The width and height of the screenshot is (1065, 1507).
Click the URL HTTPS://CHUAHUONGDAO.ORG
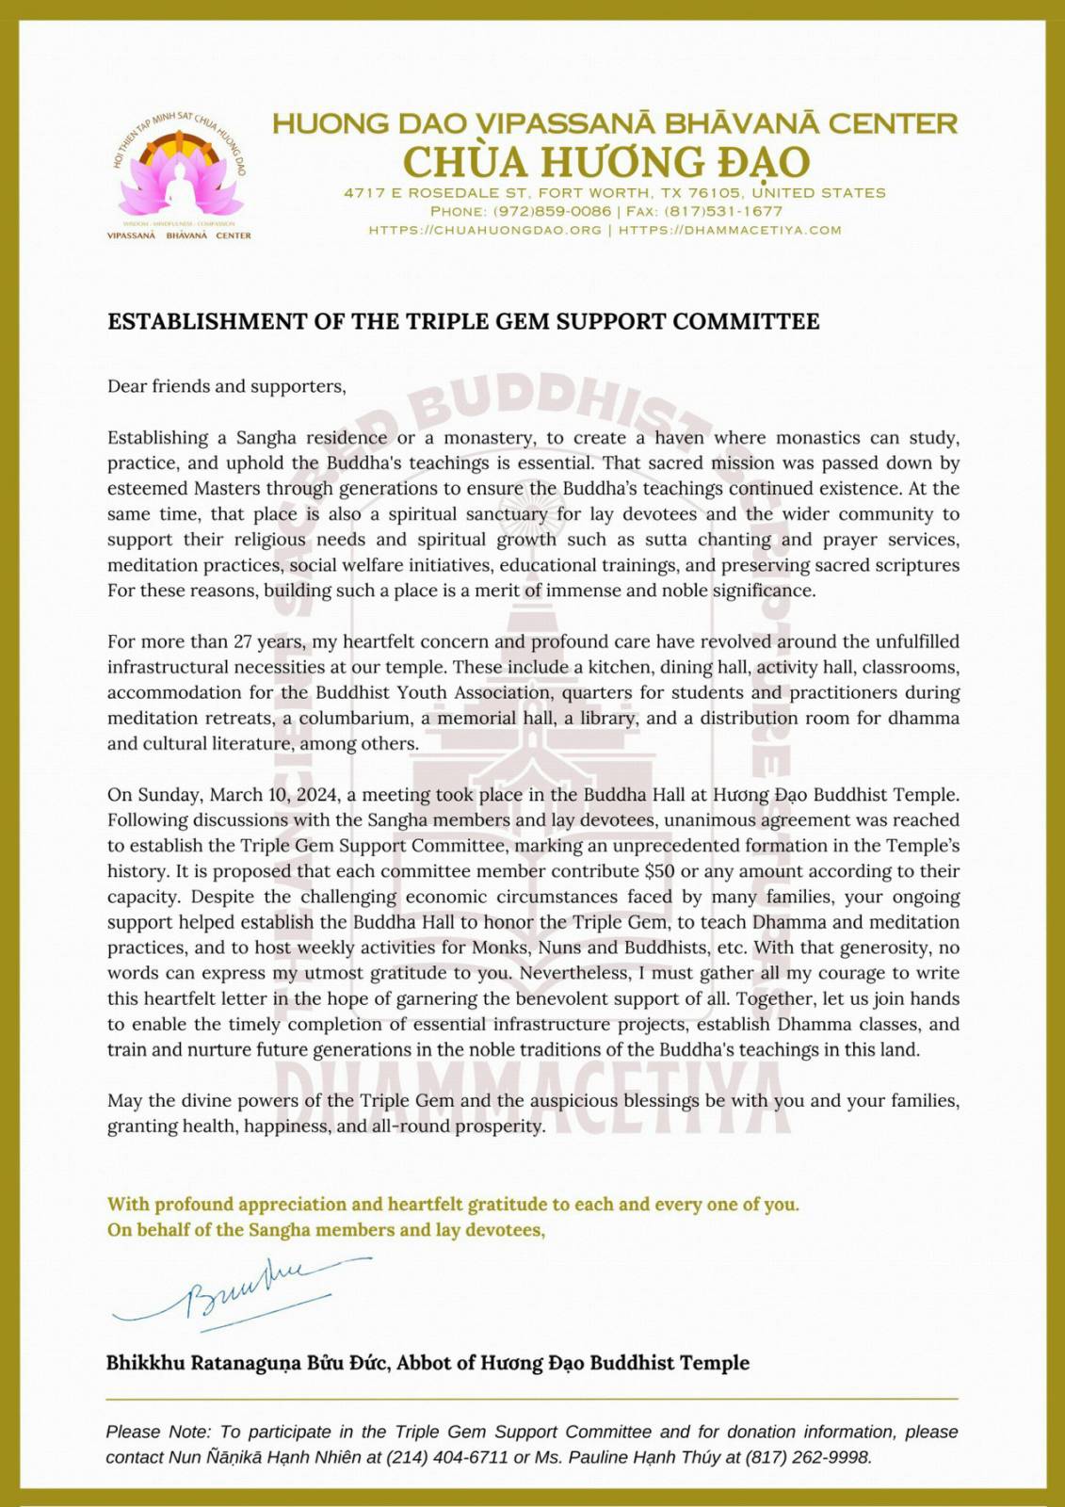tap(485, 230)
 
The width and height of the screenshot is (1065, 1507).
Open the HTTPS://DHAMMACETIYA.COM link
tap(730, 230)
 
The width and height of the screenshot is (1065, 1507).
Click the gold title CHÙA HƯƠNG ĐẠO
tap(606, 162)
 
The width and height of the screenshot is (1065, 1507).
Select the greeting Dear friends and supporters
tap(226, 386)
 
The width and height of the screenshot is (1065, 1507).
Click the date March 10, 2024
tap(274, 794)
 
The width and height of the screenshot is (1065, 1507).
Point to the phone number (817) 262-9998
tap(807, 1457)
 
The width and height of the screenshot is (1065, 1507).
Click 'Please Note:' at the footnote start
tap(159, 1432)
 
